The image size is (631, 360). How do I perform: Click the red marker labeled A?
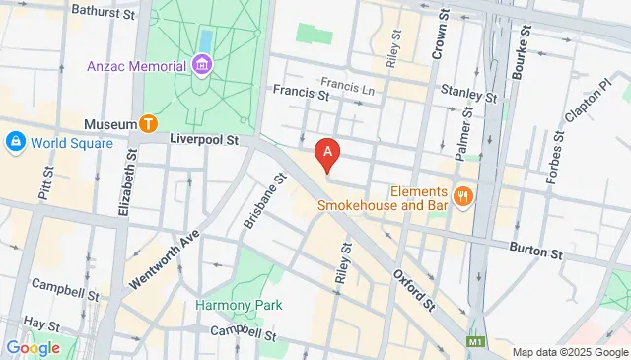pos(327,155)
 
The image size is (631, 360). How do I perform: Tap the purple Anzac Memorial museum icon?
pos(202,66)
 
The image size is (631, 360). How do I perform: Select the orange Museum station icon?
pos(149,123)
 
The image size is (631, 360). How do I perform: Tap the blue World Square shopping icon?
pos(16,142)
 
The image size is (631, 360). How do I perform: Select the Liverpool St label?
pos(206,141)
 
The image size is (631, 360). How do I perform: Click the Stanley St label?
pos(470,97)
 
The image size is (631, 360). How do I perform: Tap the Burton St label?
pos(535,253)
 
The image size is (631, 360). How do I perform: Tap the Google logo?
pos(34,347)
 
